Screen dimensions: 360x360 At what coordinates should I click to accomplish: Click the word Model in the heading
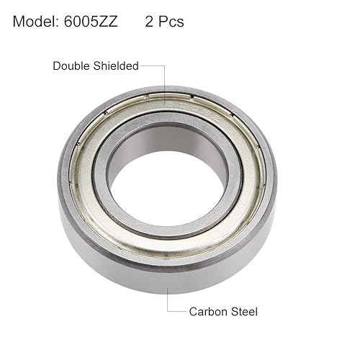coord(35,22)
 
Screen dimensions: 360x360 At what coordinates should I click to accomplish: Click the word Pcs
coord(171,22)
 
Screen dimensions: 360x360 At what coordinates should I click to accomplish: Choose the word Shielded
coord(116,66)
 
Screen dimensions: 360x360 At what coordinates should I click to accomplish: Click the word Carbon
coord(208,312)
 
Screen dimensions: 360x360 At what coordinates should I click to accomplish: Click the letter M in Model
coord(19,22)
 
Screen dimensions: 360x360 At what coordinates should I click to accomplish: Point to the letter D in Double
coord(57,66)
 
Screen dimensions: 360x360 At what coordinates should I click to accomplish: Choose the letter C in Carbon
coord(193,312)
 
